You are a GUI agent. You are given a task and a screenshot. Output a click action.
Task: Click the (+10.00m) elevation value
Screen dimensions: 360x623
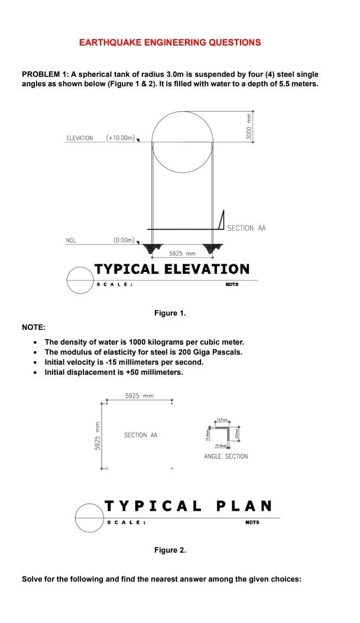coord(121,138)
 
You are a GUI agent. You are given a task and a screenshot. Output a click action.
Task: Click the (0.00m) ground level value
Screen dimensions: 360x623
coord(124,240)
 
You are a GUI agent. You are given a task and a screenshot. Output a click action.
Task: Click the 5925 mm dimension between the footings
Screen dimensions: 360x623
coord(183,254)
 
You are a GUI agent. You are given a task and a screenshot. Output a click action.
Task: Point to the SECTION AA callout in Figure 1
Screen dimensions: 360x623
coord(247,228)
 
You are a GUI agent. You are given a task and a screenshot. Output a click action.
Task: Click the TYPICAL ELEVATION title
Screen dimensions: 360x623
coord(172,270)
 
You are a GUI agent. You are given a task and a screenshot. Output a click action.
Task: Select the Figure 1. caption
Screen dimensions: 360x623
coord(170,313)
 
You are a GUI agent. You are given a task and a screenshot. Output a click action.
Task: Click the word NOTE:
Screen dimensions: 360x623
coord(34,327)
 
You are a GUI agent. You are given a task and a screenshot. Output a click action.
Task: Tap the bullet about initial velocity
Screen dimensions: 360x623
coord(124,362)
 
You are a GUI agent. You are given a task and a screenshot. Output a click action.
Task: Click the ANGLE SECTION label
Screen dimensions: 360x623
coord(226,456)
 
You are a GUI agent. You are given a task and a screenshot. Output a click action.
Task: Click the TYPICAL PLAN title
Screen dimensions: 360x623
coord(189,506)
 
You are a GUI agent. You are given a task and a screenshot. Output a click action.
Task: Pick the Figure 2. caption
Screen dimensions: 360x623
coord(170,550)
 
